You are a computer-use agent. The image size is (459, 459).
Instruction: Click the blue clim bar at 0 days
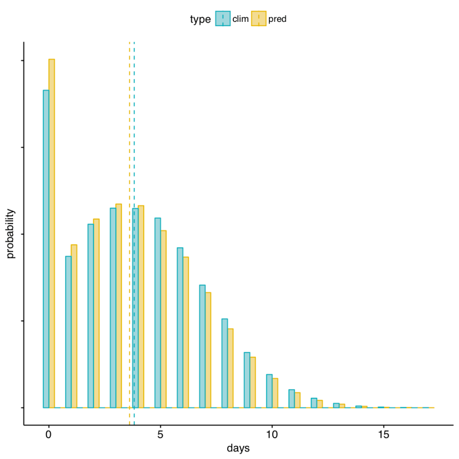(x=46, y=249)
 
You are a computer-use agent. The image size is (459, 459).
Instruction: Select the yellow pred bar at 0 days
(x=52, y=233)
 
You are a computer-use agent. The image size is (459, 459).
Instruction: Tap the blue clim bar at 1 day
(x=68, y=332)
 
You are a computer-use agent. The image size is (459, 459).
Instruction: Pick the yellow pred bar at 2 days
(x=96, y=313)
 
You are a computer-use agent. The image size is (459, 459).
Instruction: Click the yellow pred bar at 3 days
(x=119, y=305)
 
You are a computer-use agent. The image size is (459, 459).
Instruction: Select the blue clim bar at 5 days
(x=157, y=313)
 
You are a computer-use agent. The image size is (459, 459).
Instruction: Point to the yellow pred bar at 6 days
(x=186, y=332)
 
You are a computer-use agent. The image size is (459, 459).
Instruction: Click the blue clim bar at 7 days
(x=202, y=346)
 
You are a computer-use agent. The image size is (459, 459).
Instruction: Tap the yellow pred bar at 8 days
(x=231, y=368)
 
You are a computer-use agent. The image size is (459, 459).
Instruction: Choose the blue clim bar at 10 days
(x=269, y=391)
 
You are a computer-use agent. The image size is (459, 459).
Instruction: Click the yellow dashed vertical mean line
(x=130, y=137)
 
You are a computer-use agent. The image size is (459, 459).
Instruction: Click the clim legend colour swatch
(x=222, y=19)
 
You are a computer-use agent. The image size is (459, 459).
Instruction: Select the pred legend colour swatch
(x=258, y=19)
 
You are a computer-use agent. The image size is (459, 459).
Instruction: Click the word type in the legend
(x=200, y=19)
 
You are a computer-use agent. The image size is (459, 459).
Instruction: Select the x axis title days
(x=238, y=449)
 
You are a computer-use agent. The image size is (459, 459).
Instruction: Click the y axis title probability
(x=10, y=233)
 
